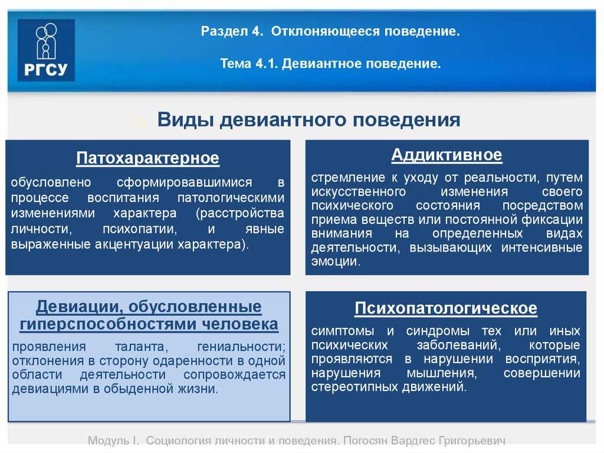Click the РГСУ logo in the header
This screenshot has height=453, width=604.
coord(46,50)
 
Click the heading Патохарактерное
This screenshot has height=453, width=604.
coord(147,158)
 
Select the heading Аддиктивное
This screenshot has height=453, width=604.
coord(447,155)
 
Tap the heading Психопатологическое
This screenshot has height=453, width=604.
coord(446,308)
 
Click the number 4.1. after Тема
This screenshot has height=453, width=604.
coord(267,63)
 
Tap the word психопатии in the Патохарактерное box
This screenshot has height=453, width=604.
coord(140,229)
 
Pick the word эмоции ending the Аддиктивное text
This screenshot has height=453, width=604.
coord(336,262)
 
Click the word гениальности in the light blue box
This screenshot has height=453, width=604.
coord(241,347)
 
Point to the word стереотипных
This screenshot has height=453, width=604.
coord(354,387)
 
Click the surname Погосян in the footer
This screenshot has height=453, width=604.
coord(365,440)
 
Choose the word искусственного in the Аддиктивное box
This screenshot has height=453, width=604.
coord(358,192)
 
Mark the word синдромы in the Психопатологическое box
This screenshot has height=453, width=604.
coord(438,331)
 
